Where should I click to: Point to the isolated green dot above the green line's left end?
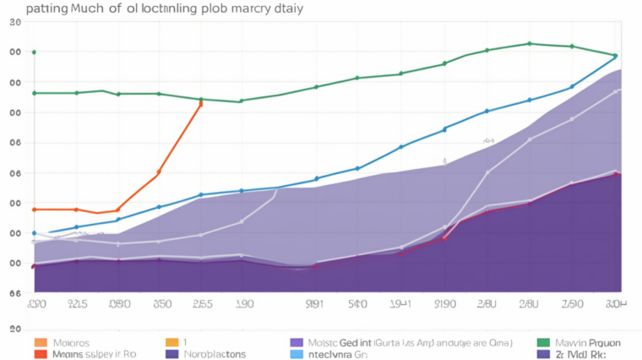(x=34, y=52)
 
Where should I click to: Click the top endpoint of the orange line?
(x=200, y=103)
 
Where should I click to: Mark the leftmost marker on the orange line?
(x=34, y=209)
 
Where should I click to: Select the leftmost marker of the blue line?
(x=34, y=233)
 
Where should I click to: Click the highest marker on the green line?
(x=530, y=43)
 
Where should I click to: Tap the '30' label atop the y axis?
(x=14, y=23)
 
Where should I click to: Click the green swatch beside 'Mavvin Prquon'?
(x=543, y=343)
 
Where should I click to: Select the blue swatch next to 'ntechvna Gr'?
(x=296, y=355)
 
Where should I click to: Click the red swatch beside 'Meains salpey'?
(x=40, y=355)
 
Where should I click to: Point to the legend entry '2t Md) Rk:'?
(x=583, y=355)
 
